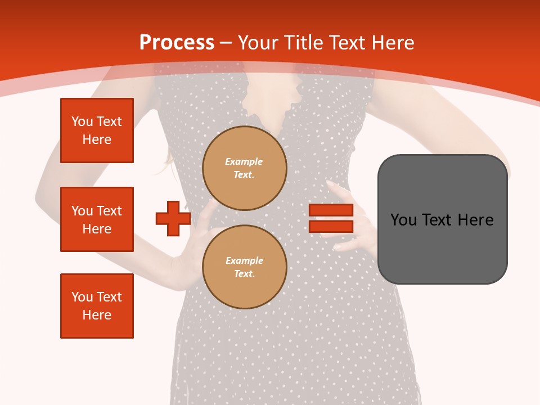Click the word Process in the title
pyautogui.click(x=177, y=42)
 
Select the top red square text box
pyautogui.click(x=97, y=130)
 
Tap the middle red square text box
pyautogui.click(x=97, y=219)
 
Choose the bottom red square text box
pyautogui.click(x=97, y=306)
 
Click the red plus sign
pyautogui.click(x=173, y=219)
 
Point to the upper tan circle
pyautogui.click(x=244, y=168)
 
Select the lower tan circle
pyautogui.click(x=244, y=267)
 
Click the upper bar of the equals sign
pyautogui.click(x=331, y=210)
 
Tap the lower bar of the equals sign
pyautogui.click(x=331, y=227)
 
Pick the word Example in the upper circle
pyautogui.click(x=244, y=161)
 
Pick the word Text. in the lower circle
pyautogui.click(x=244, y=274)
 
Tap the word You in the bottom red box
pyautogui.click(x=82, y=297)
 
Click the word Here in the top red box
pyautogui.click(x=97, y=139)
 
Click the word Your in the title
pyautogui.click(x=259, y=43)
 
